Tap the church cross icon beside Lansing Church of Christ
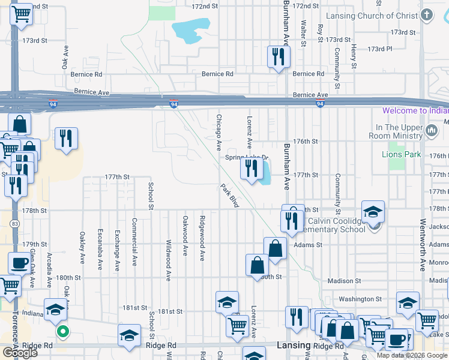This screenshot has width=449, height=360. coord(427,15)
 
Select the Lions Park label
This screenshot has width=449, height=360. coord(401,154)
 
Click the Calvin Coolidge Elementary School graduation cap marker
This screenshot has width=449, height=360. coord(373,212)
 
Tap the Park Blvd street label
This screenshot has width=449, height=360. coord(229,196)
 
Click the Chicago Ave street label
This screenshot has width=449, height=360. coord(219,133)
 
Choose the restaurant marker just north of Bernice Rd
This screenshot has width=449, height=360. coord(279,57)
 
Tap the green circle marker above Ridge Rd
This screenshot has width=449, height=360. coord(62,331)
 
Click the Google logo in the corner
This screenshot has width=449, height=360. coord(20,352)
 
